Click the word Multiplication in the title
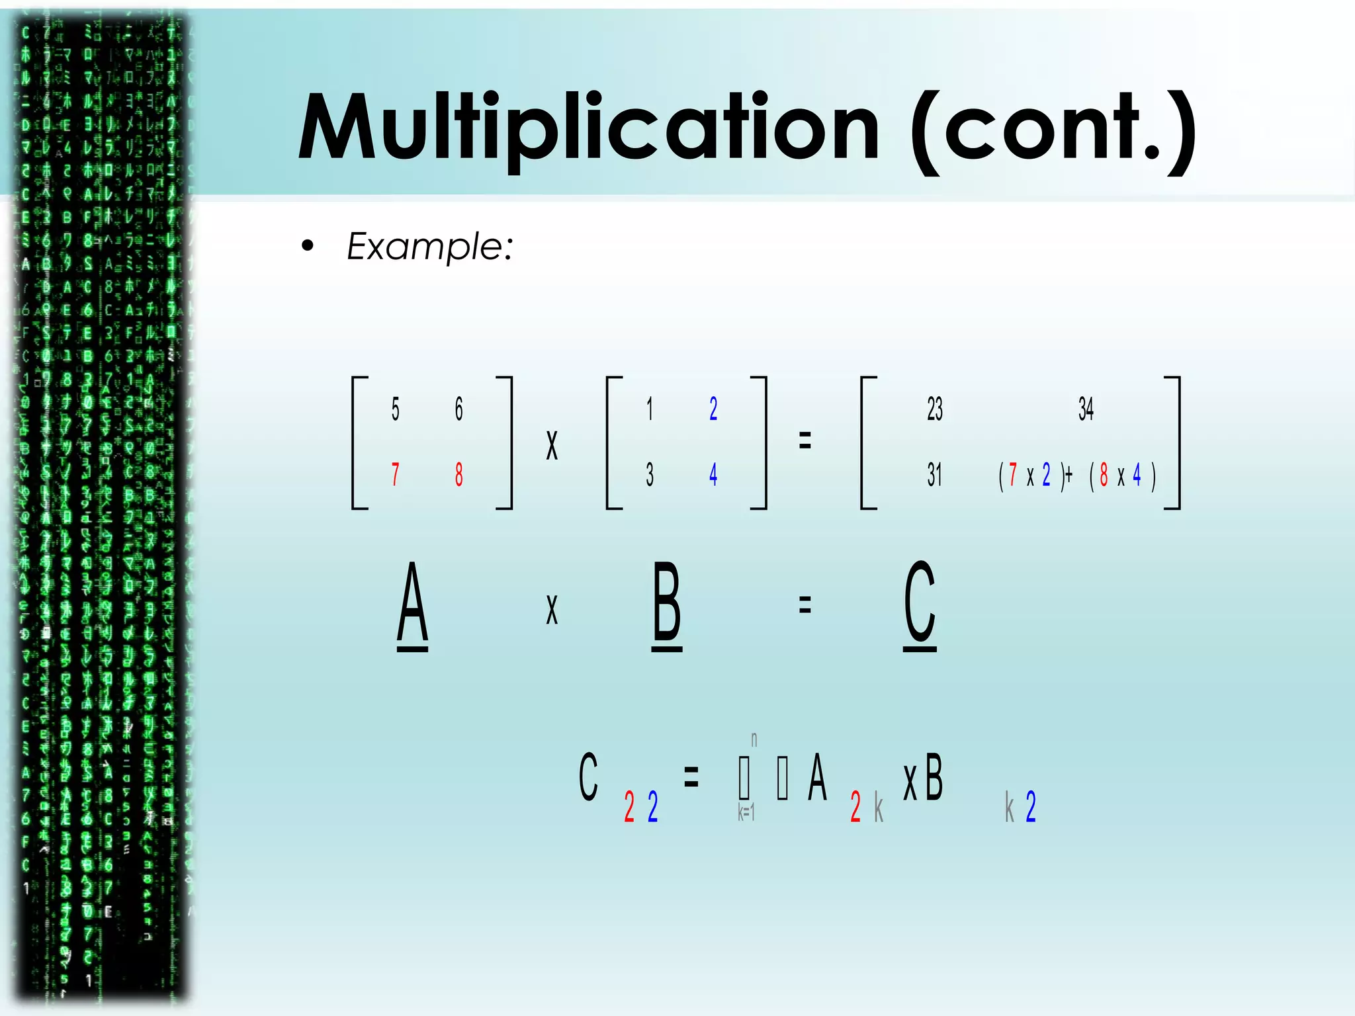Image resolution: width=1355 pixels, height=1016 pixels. [x=589, y=129]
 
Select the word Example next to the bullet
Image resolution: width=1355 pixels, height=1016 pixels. [x=429, y=247]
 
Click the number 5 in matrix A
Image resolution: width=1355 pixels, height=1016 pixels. [x=395, y=409]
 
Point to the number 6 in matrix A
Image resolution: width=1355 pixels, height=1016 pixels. [x=459, y=409]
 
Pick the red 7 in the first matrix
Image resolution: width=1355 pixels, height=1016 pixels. [x=395, y=474]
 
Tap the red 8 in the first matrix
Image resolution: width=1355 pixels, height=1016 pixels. [x=459, y=474]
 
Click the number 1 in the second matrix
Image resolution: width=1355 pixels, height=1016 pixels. [x=650, y=409]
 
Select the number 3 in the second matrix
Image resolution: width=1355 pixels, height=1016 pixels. [x=650, y=474]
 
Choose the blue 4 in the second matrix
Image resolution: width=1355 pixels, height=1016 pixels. [x=713, y=474]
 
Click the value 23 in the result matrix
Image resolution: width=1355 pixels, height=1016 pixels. [x=934, y=409]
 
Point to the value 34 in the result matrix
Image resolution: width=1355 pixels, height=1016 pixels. [x=1086, y=409]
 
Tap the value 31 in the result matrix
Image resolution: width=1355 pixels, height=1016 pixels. [x=934, y=474]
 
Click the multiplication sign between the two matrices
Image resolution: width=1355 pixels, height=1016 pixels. [x=552, y=444]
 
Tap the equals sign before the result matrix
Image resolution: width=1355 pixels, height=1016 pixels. [x=805, y=440]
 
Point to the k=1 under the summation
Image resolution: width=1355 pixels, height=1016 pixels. [x=746, y=812]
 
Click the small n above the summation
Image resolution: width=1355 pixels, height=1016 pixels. [x=754, y=739]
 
